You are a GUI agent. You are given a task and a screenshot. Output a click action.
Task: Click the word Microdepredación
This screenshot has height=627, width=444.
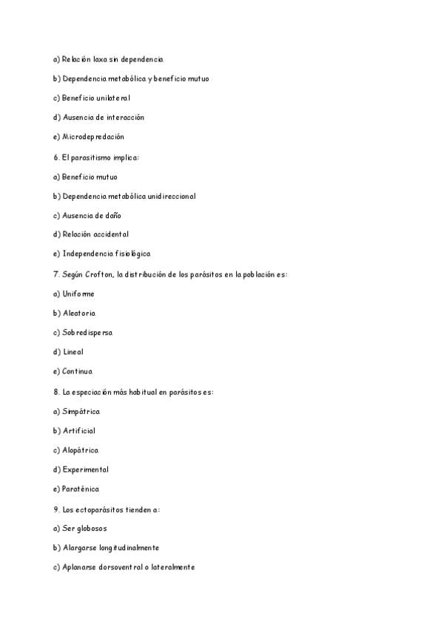click(93, 137)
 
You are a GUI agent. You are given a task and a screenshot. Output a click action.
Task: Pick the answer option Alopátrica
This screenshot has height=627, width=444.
click(81, 450)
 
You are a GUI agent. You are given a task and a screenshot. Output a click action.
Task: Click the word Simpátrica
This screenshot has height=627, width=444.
click(81, 411)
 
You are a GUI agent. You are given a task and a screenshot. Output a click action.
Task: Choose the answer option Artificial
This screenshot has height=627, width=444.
click(79, 430)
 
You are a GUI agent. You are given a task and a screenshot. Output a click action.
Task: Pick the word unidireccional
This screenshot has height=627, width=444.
click(168, 196)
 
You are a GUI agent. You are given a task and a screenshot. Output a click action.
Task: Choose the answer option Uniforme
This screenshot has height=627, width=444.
click(78, 294)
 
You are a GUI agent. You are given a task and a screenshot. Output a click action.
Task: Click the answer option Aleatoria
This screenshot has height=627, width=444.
click(79, 313)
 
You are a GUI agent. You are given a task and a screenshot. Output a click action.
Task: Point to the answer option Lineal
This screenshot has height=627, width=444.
click(73, 352)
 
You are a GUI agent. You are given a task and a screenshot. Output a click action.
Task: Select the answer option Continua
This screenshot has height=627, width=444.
click(78, 372)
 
